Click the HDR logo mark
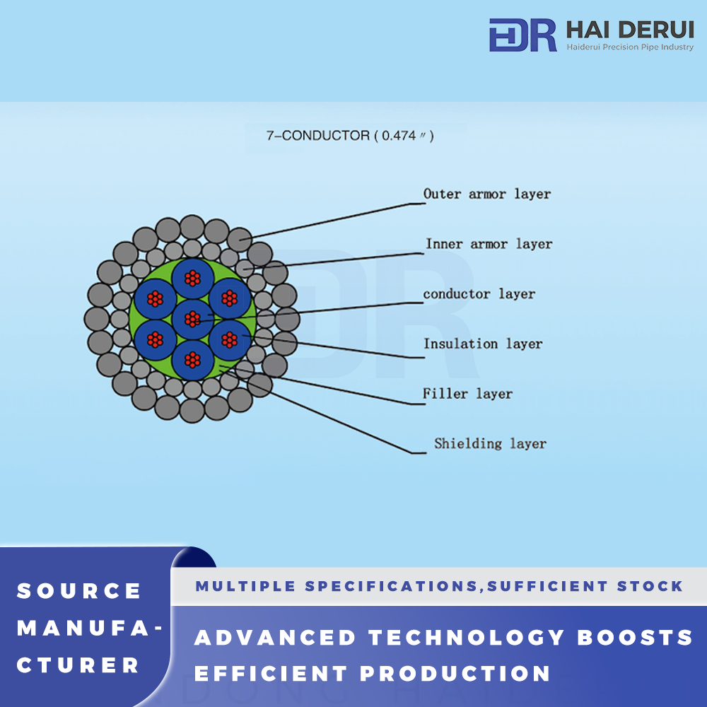[x=522, y=35]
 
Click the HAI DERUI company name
[x=630, y=30]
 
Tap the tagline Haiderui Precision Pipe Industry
[x=630, y=47]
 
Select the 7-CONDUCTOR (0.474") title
[x=350, y=135]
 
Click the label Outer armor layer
[x=487, y=194]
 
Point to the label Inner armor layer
[x=489, y=244]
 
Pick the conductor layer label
[x=479, y=294]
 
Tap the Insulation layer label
[x=483, y=344]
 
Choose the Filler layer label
[x=467, y=394]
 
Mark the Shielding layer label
[x=490, y=444]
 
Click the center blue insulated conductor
[x=192, y=320]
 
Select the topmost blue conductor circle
[x=192, y=279]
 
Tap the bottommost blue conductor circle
[x=192, y=360]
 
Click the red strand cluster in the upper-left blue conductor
[x=155, y=298]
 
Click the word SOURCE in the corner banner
[x=79, y=591]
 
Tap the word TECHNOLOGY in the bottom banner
[x=466, y=638]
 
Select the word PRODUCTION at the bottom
[x=455, y=674]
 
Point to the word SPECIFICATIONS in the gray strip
[x=391, y=586]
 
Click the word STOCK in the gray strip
[x=650, y=586]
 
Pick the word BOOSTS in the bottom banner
[x=635, y=638]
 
